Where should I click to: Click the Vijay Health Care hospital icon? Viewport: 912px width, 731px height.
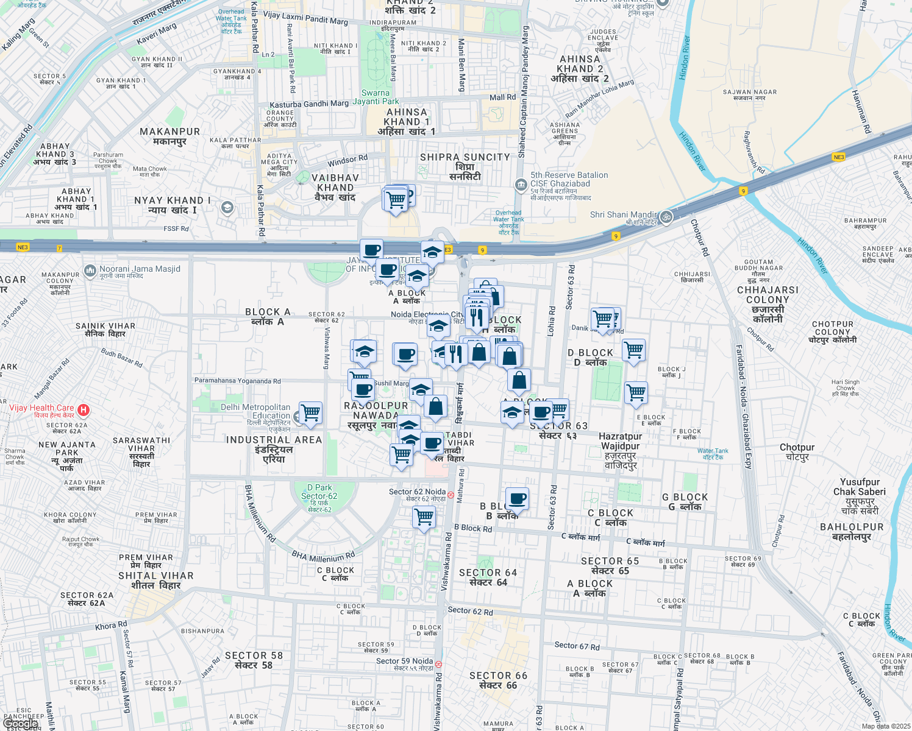[x=84, y=411]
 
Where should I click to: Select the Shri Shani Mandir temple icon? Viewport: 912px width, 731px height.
[x=666, y=216]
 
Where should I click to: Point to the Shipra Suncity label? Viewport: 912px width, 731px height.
[x=465, y=166]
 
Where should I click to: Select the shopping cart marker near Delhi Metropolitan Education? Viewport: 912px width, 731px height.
[x=311, y=413]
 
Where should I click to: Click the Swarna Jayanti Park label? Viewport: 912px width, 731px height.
[x=380, y=97]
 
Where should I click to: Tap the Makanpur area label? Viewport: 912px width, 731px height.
[x=169, y=136]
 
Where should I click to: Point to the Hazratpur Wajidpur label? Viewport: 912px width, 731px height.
[x=620, y=450]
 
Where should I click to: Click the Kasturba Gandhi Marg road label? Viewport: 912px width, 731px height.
[x=309, y=104]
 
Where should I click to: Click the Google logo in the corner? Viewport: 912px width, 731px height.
[x=20, y=724]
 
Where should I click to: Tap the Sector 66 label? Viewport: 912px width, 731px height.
[x=498, y=680]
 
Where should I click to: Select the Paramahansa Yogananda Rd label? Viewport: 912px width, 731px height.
[x=237, y=381]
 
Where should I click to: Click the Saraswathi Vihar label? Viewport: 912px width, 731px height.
[x=141, y=451]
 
